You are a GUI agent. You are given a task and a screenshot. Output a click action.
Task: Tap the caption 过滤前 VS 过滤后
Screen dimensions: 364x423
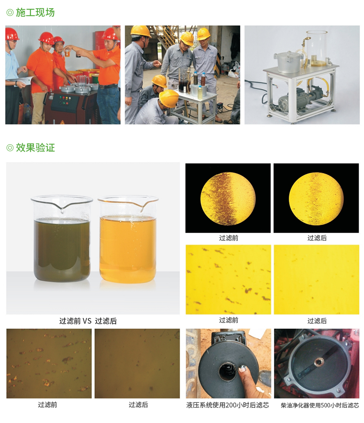coord(88,321)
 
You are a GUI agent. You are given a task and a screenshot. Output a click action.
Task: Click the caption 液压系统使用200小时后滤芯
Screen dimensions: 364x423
coord(228,405)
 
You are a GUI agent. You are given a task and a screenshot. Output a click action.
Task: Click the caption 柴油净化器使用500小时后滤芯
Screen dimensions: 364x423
coord(320,405)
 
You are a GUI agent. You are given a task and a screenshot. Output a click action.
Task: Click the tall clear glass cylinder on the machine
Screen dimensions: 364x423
coord(317,49)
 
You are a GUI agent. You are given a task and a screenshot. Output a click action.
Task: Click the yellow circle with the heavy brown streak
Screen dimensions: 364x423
coord(228,199)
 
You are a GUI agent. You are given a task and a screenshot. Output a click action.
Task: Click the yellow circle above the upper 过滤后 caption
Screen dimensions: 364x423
coord(316,199)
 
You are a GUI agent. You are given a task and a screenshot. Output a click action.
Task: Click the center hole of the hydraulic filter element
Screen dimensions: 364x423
coord(227,371)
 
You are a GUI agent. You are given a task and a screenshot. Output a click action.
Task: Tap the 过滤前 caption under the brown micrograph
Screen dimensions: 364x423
coord(47,405)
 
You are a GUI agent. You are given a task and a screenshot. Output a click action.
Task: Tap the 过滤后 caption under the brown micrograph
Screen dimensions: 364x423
coord(138,405)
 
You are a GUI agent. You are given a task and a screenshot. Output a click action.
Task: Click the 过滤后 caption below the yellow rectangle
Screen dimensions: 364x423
coord(317,321)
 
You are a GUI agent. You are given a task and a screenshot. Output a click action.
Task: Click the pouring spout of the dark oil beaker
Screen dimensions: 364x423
coord(62,208)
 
